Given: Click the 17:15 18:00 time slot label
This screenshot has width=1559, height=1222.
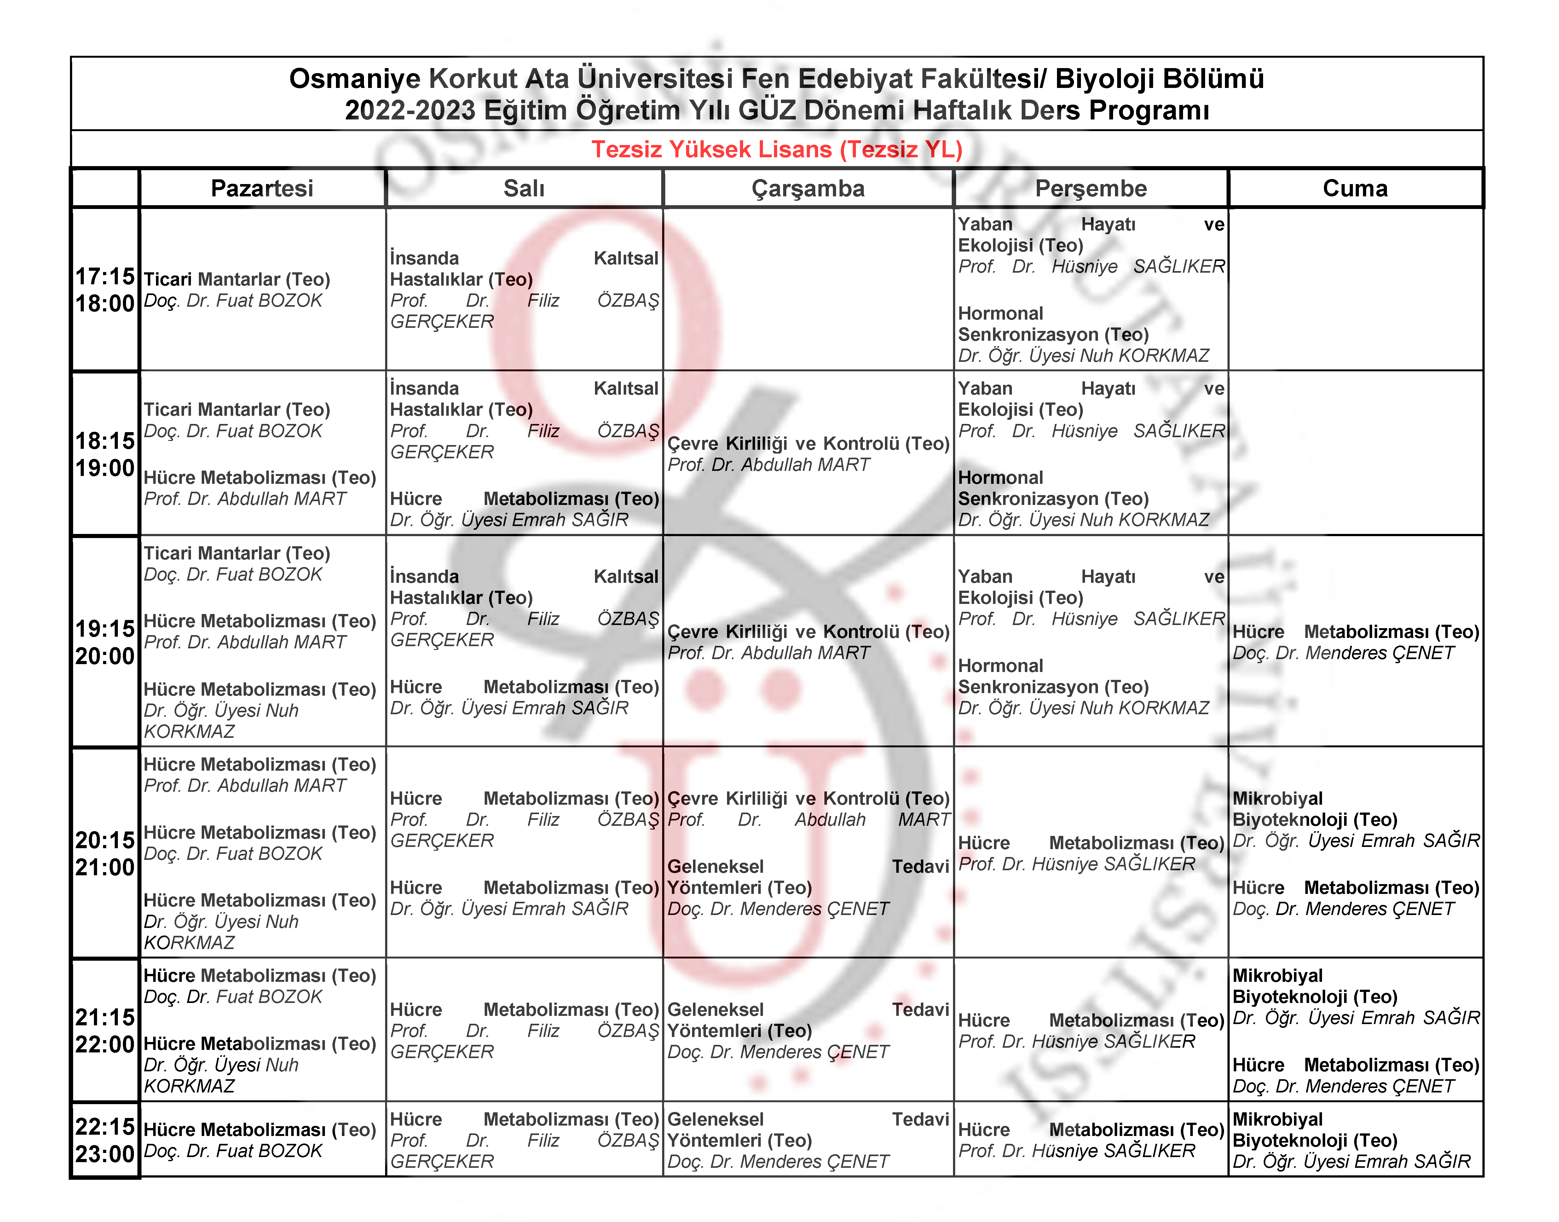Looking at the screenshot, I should click(105, 290).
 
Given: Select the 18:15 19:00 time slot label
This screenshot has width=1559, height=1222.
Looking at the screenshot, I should click(105, 454).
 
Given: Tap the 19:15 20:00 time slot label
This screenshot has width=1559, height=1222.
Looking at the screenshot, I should click(105, 642).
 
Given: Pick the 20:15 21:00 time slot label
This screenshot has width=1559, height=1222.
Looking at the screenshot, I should click(105, 853).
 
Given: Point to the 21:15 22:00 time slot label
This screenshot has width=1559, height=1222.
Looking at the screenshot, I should click(105, 1030).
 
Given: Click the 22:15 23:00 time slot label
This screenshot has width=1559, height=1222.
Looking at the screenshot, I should click(105, 1140).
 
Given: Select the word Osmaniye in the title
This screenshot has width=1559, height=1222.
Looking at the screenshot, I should click(355, 79).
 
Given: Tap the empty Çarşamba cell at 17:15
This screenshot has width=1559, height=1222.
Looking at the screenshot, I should click(808, 290).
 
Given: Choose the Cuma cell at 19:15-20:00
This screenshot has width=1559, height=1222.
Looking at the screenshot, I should click(1355, 642).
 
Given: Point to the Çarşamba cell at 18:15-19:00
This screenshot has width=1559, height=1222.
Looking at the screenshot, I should click(808, 454).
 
